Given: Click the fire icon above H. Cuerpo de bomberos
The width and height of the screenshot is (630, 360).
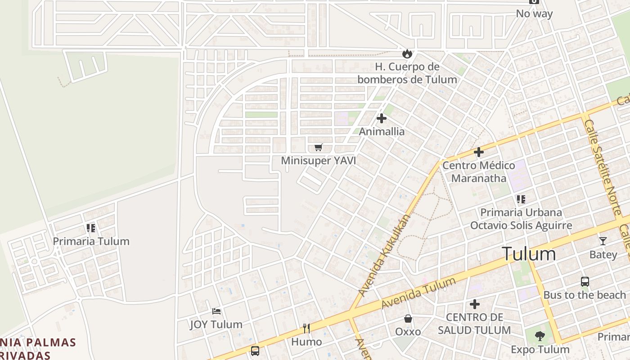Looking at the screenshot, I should (x=407, y=54).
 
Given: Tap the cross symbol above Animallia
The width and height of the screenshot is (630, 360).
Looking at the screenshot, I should (x=382, y=118).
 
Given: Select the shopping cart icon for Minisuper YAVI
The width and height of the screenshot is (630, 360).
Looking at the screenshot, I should (x=319, y=147).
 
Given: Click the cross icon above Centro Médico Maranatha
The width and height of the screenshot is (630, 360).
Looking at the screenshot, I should (x=478, y=152).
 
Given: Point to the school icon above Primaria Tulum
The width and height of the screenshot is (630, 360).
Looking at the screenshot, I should (x=91, y=228).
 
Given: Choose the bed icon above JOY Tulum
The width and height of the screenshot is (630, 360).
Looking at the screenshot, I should (x=216, y=311).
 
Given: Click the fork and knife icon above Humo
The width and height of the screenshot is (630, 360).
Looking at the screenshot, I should (x=306, y=328).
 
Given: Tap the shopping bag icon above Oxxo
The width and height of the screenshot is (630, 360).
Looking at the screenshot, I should (x=408, y=319).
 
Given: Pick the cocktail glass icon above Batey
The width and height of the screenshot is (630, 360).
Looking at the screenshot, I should (x=603, y=241).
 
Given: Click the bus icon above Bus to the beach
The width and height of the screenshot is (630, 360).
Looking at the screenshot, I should (x=585, y=282).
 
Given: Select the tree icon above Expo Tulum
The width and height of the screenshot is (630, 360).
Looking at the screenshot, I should (x=540, y=336).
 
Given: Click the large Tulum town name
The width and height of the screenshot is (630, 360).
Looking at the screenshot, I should (x=529, y=254).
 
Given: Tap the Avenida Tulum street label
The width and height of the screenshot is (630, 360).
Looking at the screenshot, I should (x=418, y=293).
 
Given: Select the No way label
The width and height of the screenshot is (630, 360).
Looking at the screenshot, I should (x=534, y=13).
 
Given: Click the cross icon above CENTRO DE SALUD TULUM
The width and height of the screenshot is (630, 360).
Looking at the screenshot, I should (x=474, y=304).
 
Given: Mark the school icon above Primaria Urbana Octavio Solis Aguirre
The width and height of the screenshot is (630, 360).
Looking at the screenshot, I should (x=521, y=199).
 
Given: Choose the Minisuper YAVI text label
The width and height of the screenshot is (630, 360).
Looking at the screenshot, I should (x=319, y=161).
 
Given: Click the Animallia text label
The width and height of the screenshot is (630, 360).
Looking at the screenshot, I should (x=382, y=132).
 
